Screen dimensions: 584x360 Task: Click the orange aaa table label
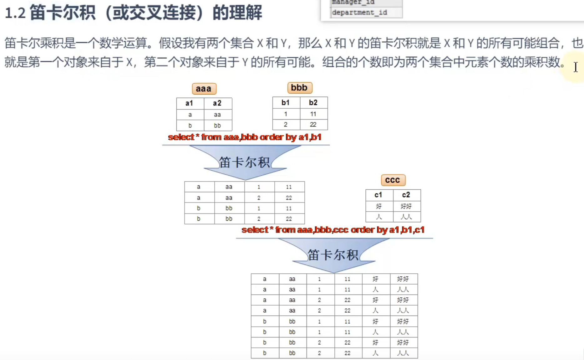click(204, 89)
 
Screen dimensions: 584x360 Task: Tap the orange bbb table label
click(300, 88)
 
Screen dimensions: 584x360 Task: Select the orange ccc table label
click(393, 180)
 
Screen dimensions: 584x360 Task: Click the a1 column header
click(190, 103)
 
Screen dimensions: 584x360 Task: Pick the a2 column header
click(218, 103)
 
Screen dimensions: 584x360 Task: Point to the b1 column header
click(286, 103)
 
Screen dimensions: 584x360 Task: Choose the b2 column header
click(313, 103)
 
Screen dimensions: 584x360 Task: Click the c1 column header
click(379, 195)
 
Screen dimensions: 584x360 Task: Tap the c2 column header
click(406, 195)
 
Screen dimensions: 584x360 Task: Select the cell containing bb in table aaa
click(217, 126)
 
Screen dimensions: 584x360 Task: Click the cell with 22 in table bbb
click(313, 125)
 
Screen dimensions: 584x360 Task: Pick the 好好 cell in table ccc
click(406, 206)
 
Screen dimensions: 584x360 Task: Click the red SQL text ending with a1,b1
click(245, 137)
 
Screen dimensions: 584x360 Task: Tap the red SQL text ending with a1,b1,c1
click(333, 230)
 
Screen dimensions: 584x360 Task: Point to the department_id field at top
click(360, 13)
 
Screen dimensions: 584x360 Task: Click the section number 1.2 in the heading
click(15, 13)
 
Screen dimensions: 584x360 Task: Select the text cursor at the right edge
click(576, 67)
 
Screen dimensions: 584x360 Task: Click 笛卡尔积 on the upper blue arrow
click(244, 162)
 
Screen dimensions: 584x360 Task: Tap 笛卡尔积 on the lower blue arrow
click(333, 255)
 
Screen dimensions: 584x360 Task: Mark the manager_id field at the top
click(353, 3)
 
